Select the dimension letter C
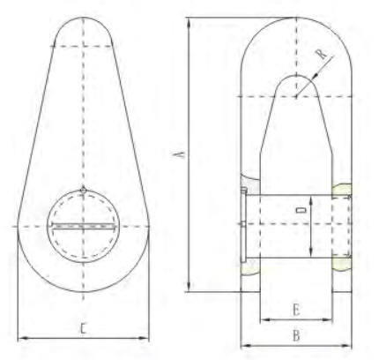pyautogui.click(x=82, y=328)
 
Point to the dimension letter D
pyautogui.click(x=301, y=212)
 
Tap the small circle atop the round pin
pyautogui.click(x=82, y=190)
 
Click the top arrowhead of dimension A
pyautogui.click(x=189, y=19)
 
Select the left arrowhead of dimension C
pyautogui.click(x=21, y=336)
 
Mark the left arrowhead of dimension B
pyautogui.click(x=243, y=344)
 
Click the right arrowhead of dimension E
pyautogui.click(x=331, y=319)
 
